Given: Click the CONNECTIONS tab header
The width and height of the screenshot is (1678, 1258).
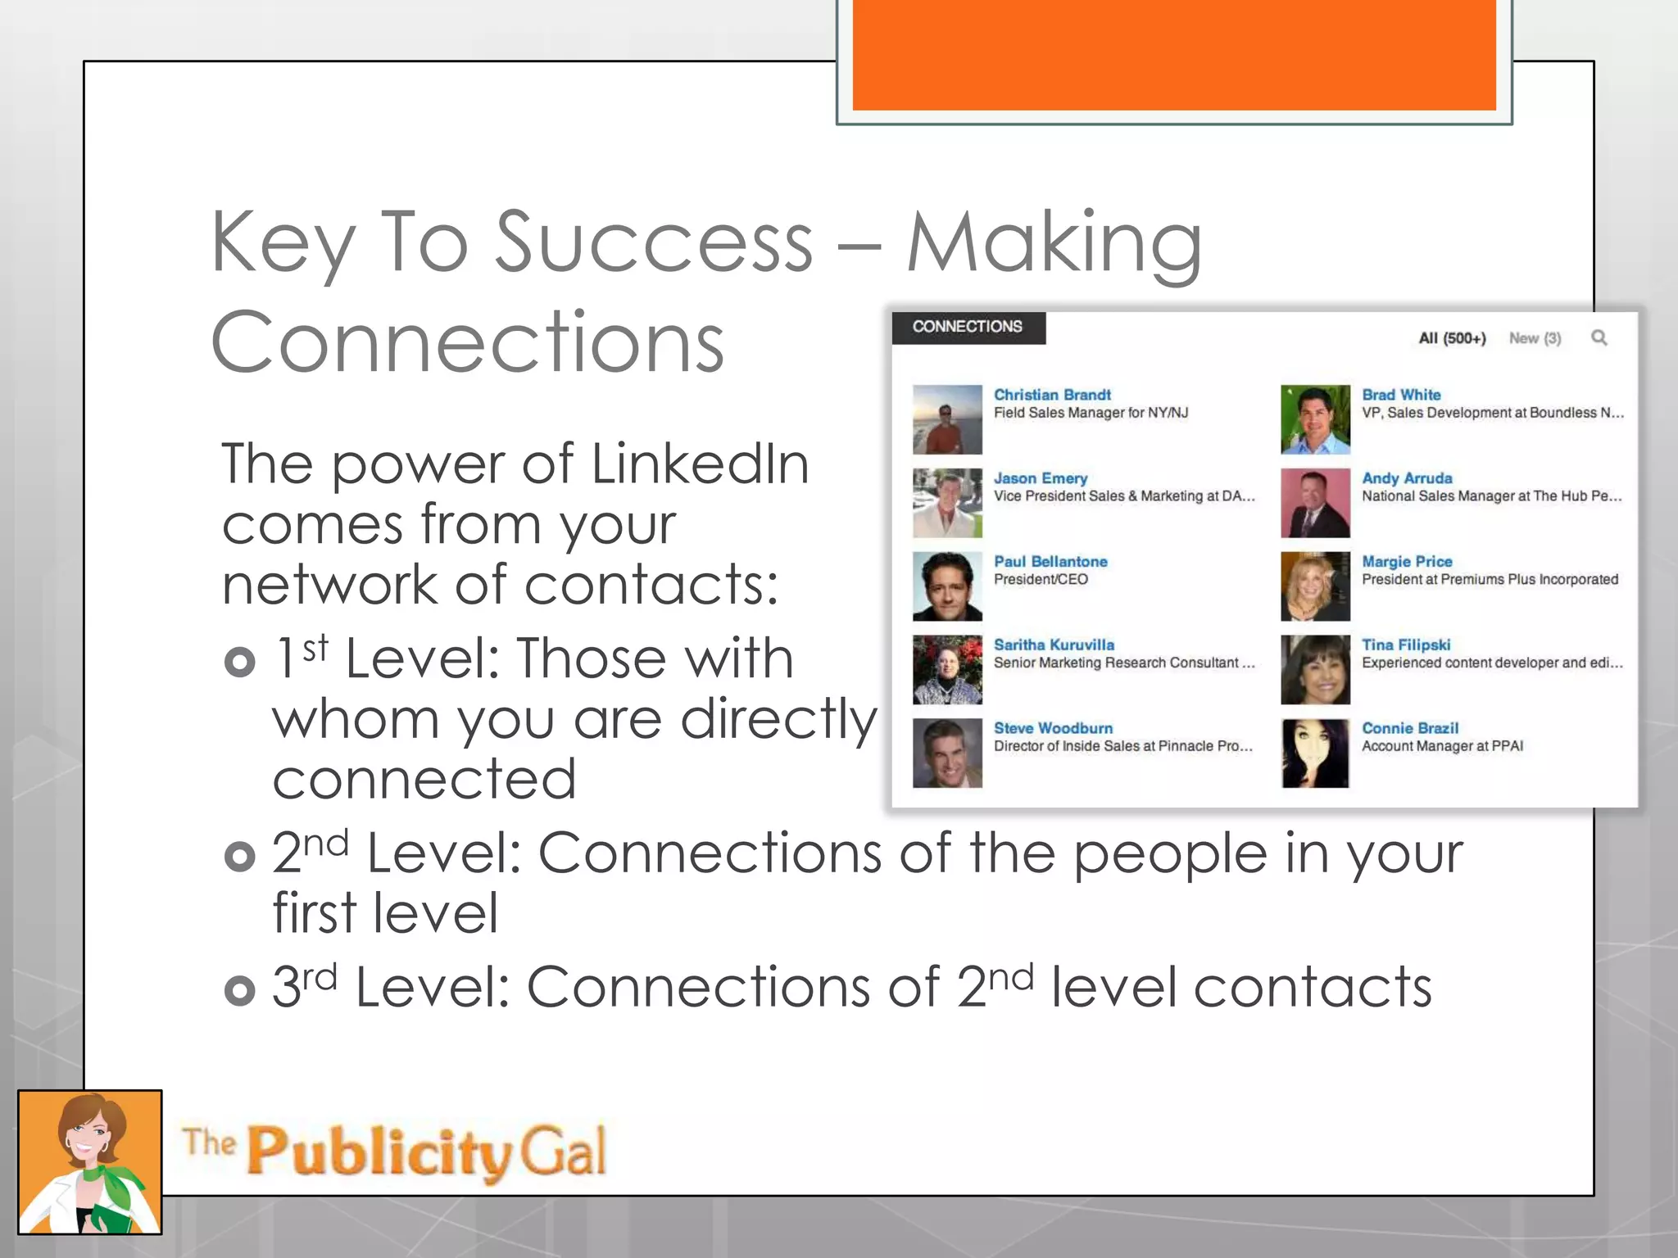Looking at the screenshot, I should [x=967, y=327].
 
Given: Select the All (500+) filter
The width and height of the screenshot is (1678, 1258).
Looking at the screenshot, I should [x=1452, y=338].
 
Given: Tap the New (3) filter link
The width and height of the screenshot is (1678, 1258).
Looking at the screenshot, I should [x=1535, y=338].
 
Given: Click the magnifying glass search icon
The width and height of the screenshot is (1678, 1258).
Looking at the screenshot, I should [x=1599, y=337].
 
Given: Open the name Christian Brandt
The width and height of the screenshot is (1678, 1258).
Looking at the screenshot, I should [x=1052, y=395].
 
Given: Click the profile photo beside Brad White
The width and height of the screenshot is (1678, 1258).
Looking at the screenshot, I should [x=1315, y=419].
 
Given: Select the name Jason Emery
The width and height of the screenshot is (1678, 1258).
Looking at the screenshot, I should [x=1041, y=478].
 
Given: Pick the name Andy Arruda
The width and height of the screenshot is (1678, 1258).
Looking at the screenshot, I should [x=1407, y=478].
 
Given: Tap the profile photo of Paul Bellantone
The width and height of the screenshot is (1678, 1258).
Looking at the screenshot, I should [x=947, y=586].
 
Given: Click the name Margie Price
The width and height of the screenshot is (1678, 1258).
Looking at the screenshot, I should [x=1407, y=562].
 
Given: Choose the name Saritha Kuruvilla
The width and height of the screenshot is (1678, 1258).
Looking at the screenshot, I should [x=1054, y=645].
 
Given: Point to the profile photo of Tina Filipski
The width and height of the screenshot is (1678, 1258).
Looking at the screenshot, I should [x=1315, y=670].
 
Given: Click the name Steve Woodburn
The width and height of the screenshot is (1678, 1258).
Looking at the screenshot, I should [x=1053, y=728].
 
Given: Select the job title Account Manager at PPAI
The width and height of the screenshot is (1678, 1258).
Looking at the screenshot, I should [x=1442, y=746].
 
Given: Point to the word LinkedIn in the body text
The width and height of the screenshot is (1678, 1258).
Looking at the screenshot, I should [x=700, y=464].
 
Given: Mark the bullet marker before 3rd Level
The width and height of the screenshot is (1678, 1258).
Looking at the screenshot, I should [x=239, y=990].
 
